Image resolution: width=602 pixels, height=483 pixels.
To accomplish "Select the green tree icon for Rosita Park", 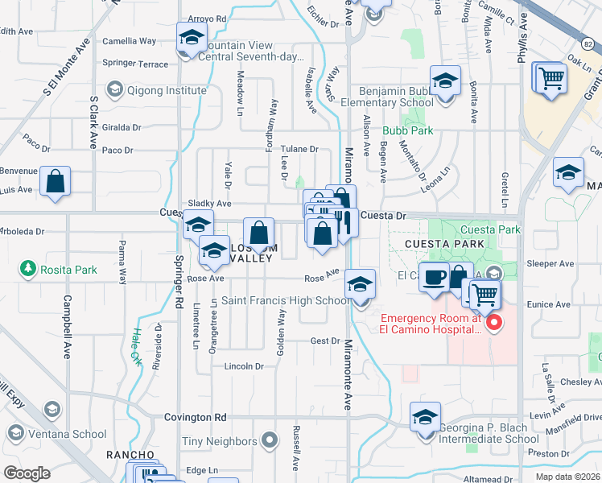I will coord(27,267).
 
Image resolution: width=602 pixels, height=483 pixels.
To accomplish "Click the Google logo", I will coord(27,473).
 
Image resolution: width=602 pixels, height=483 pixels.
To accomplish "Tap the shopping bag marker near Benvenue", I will coord(55,182).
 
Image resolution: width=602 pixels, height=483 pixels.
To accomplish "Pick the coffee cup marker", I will coord(435,277).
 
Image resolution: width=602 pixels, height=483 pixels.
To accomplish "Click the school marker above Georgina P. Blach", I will coord(425,417).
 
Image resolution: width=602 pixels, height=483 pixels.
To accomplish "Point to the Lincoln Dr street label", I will coord(244,366).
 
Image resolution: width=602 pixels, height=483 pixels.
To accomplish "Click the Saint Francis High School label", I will coord(286,301).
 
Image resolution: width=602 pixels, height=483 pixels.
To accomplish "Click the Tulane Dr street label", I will coord(299,150).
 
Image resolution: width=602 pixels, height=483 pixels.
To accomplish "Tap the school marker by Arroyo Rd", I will coord(192,38).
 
